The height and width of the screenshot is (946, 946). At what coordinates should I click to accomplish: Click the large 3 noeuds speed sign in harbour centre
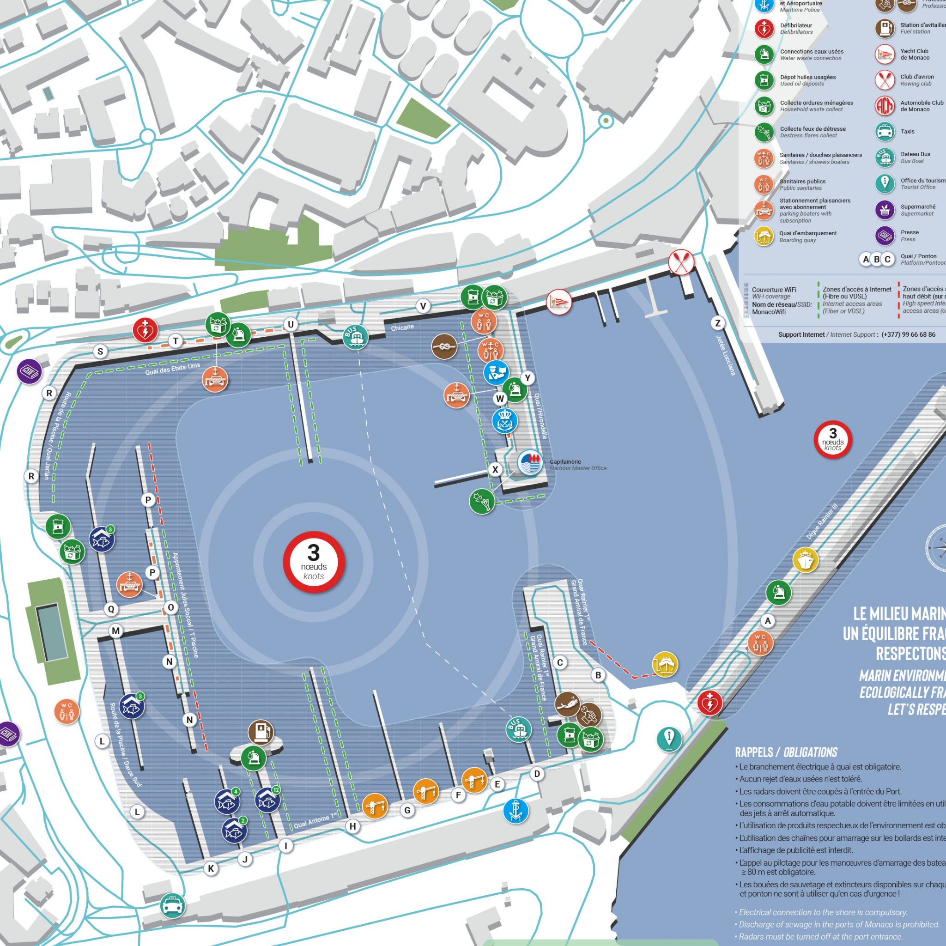(x=314, y=562)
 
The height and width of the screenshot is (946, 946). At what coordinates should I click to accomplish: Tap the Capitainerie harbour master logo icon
(x=530, y=462)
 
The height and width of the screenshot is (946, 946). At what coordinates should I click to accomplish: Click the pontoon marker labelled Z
(x=718, y=323)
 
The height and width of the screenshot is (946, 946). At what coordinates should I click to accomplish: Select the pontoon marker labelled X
(x=495, y=470)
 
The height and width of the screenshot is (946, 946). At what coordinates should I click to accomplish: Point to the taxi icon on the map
(x=172, y=906)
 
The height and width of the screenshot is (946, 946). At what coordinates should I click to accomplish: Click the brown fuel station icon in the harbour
(x=261, y=733)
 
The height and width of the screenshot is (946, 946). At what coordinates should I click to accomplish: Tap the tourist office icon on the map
(x=669, y=739)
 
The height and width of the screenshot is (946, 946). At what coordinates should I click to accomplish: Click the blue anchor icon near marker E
(x=515, y=811)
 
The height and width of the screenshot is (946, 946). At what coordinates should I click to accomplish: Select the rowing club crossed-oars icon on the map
(x=682, y=262)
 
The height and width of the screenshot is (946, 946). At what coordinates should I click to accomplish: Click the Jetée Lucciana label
(x=726, y=355)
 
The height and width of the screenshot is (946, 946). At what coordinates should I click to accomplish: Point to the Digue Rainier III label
(x=822, y=522)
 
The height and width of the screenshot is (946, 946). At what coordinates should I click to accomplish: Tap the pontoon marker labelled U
(x=291, y=324)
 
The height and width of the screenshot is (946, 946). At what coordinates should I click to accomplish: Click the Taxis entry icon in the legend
(x=885, y=131)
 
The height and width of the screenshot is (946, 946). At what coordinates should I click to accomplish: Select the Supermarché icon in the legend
(x=885, y=210)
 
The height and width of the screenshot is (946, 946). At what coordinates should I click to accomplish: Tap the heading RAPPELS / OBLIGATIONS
(x=786, y=752)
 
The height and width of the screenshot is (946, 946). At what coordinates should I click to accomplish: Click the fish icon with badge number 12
(x=268, y=800)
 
